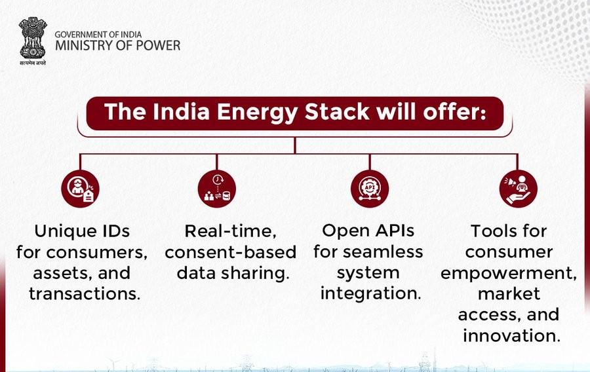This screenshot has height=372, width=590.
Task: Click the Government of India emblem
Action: point(33,37)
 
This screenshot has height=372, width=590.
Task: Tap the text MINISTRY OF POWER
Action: point(118,46)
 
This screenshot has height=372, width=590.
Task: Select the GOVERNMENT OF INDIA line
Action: point(98,34)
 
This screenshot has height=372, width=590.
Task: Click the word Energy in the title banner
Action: point(258,113)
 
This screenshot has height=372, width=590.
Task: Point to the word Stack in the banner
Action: point(337,111)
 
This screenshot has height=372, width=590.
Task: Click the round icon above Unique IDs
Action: point(80,189)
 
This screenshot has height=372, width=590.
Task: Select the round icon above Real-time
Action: point(217,189)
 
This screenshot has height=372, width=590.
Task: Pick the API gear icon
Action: point(370,189)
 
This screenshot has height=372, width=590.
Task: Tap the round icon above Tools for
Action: point(518,189)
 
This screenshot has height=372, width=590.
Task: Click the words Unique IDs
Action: point(82,231)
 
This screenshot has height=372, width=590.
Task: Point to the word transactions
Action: point(85,294)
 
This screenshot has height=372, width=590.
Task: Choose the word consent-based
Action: point(231,252)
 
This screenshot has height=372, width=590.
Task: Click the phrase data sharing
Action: point(233,274)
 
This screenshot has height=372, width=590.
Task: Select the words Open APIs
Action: point(368,231)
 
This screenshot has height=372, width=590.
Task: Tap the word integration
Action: point(370,293)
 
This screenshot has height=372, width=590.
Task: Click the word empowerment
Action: point(509,274)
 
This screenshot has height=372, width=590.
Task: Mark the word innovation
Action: point(512,335)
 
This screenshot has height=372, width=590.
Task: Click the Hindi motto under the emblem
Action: point(33,63)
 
